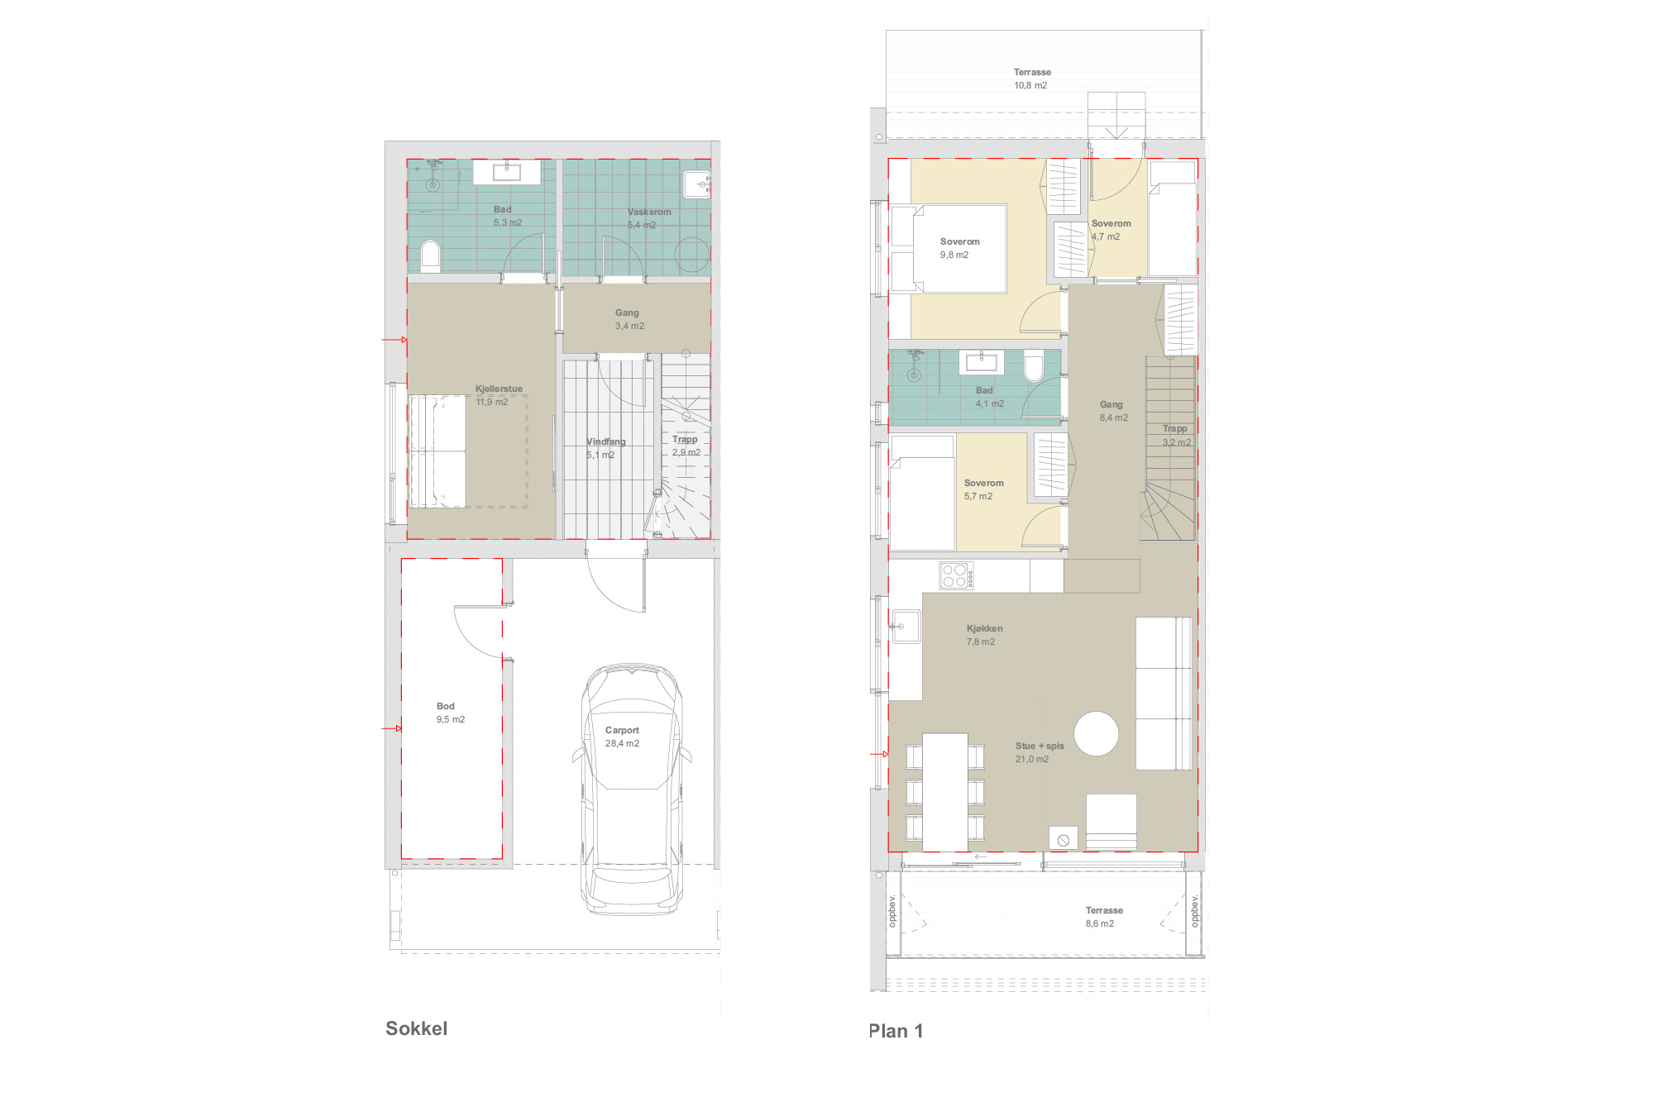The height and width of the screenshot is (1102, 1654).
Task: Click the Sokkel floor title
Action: (416, 1028)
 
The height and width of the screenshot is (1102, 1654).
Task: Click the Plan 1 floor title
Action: (896, 1031)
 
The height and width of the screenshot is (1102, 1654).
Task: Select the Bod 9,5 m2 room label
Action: (451, 713)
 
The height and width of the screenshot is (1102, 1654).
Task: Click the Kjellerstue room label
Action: (499, 389)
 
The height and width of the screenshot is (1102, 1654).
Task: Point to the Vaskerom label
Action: (649, 212)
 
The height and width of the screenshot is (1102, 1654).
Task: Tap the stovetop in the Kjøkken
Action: (956, 575)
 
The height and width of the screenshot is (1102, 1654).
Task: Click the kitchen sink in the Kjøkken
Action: (906, 627)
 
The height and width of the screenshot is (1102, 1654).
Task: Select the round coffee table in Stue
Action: (1096, 733)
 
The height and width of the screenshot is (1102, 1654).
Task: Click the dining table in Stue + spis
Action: (944, 792)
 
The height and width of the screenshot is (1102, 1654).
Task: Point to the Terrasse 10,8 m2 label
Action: (1032, 79)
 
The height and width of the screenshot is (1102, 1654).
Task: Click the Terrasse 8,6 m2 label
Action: (1104, 917)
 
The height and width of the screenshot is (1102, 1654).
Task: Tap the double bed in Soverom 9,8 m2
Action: (959, 249)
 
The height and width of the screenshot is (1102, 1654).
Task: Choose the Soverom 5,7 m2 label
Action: (983, 489)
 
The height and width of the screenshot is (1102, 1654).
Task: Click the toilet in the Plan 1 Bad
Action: (1034, 365)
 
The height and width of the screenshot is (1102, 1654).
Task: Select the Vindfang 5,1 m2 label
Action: (605, 448)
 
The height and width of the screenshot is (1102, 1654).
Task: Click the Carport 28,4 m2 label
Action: (622, 737)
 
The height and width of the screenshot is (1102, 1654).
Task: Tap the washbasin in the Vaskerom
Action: (697, 184)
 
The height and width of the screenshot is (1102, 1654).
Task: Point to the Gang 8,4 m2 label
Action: (1113, 411)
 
